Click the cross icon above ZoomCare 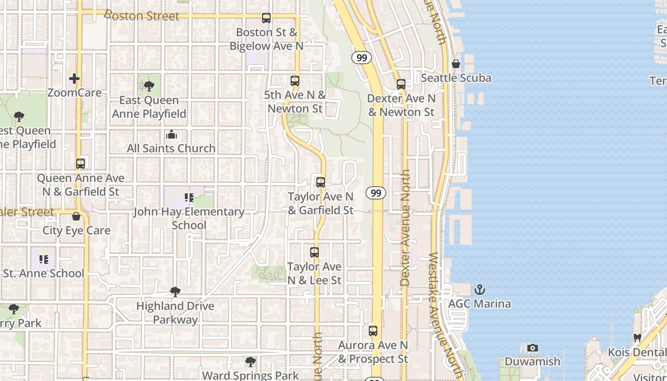[74, 79]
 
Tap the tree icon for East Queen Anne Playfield [149, 86]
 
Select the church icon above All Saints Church [172, 135]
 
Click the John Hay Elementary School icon [189, 197]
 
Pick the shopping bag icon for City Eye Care [76, 217]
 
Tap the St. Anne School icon [44, 260]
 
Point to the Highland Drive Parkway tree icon [175, 292]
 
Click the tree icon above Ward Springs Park [250, 362]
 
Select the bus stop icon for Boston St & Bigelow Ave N [266, 18]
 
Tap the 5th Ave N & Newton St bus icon [295, 81]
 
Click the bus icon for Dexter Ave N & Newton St [401, 84]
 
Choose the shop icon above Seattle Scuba [456, 64]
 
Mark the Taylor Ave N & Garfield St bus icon [321, 182]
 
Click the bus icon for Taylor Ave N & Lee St [314, 252]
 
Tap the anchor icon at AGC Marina [479, 290]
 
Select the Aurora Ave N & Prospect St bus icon [373, 331]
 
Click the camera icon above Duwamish [533, 348]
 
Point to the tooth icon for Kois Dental [637, 338]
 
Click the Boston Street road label [141, 16]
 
